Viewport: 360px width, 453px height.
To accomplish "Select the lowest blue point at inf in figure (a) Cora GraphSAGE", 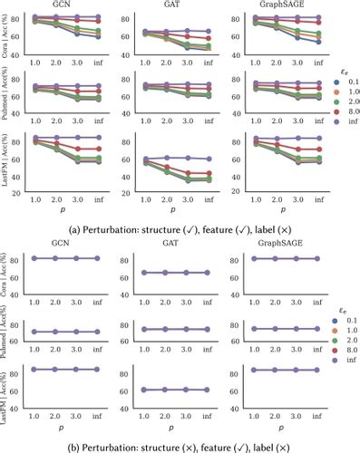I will point(318,42).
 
